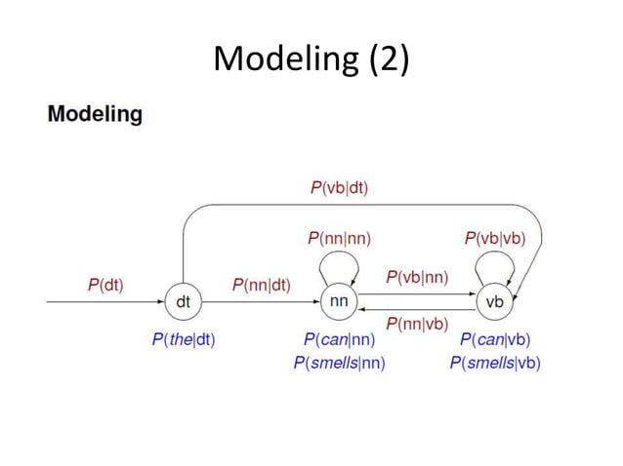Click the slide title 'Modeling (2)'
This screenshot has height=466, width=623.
311,59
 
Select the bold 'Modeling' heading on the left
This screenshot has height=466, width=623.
95,114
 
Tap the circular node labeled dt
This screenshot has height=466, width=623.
183,302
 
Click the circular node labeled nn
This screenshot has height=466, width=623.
339,301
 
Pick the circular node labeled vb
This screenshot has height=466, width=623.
495,302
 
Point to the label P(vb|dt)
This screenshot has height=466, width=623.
339,188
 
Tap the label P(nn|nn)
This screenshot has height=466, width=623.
339,237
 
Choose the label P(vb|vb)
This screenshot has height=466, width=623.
495,237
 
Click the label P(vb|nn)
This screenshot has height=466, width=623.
417,277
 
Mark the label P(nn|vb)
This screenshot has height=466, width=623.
417,324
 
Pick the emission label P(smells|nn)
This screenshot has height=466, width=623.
339,363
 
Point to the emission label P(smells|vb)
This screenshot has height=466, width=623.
495,363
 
